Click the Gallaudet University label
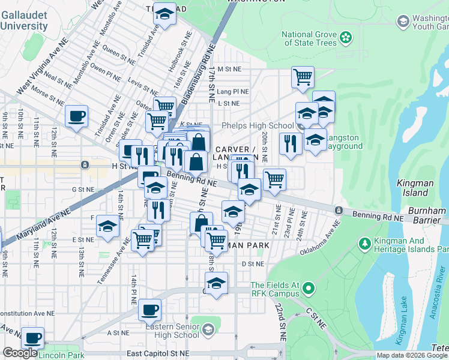click(x=24, y=22)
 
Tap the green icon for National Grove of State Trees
click(x=345, y=38)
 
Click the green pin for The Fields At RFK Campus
click(x=309, y=289)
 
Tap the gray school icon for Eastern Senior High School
click(x=208, y=329)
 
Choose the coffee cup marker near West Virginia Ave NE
click(x=76, y=116)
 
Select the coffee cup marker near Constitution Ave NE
click(x=149, y=310)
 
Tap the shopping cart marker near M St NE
click(x=303, y=77)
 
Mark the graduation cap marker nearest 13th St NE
click(x=107, y=226)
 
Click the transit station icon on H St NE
click(x=85, y=164)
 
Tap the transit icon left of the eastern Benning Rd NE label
click(x=339, y=210)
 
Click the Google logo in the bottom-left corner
click(x=20, y=353)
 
